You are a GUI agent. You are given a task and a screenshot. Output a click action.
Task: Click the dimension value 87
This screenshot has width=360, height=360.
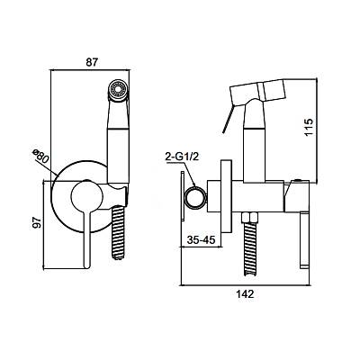(92, 62)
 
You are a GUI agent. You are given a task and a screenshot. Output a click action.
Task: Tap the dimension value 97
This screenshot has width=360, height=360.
(37, 222)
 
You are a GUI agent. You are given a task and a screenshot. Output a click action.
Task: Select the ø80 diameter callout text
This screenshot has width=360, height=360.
(40, 157)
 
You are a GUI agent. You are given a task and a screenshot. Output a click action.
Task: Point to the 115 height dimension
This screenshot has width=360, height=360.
(309, 127)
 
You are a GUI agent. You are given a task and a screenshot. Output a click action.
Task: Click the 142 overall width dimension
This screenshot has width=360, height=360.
(245, 293)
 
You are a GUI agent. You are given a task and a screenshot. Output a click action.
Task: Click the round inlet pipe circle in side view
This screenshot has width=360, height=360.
(195, 197)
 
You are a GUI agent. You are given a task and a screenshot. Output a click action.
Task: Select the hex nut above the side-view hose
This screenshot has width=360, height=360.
(251, 217)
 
